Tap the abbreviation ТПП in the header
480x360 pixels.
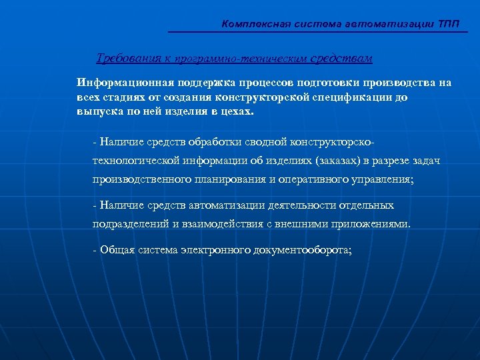coord(449,24)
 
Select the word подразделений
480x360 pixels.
coord(130,224)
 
